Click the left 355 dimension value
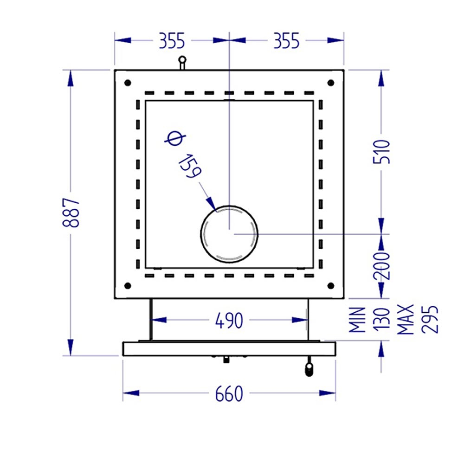pyautogui.click(x=172, y=41)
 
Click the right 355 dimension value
pyautogui.click(x=286, y=41)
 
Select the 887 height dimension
pyautogui.click(x=71, y=213)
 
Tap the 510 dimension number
pyautogui.click(x=382, y=152)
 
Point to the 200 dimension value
pyautogui.click(x=382, y=266)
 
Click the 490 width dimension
pyautogui.click(x=229, y=321)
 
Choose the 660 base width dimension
pyautogui.click(x=229, y=394)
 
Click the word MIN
pyautogui.click(x=357, y=320)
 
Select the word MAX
pyautogui.click(x=406, y=320)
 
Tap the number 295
pyautogui.click(x=430, y=320)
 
